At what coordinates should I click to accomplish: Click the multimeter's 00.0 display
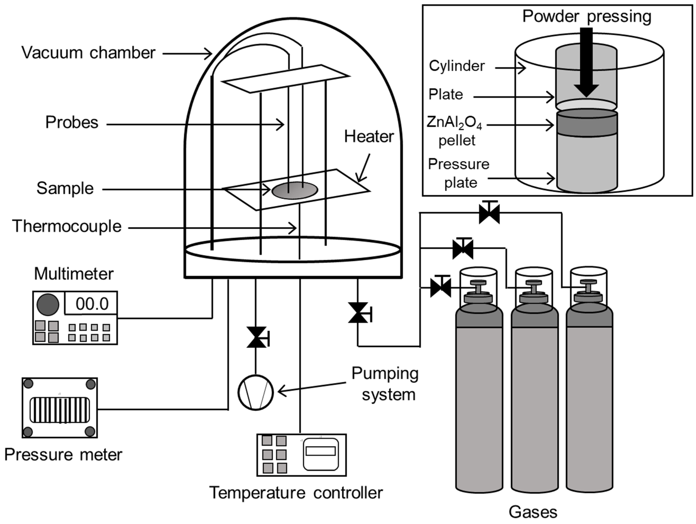point(91,304)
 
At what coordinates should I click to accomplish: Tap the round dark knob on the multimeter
point(48,305)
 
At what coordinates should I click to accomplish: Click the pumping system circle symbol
point(255,392)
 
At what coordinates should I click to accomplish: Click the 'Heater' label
point(369,137)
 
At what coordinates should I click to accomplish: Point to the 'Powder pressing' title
point(587,16)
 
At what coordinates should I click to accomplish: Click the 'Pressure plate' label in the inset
point(459,173)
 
